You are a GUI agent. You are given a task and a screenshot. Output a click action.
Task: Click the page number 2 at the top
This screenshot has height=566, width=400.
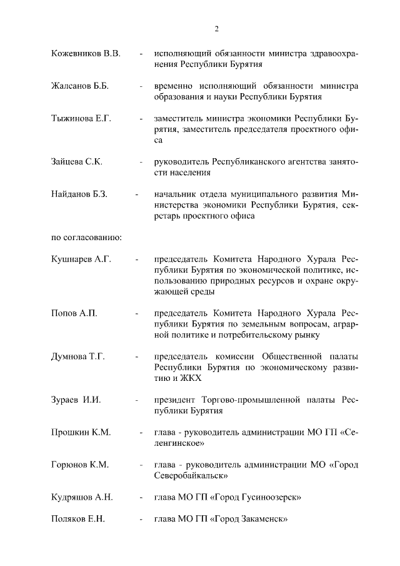point(216,28)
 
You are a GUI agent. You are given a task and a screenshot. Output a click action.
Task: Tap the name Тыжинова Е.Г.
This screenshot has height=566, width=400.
point(81,118)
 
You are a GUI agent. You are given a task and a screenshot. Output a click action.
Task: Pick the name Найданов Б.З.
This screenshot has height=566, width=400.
point(79,194)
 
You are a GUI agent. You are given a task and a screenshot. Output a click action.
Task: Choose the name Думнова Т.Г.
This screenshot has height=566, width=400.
point(77,356)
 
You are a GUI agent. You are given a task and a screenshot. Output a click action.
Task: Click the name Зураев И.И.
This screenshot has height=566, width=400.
point(76,400)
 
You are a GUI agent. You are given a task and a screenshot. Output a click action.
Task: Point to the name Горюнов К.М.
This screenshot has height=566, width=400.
point(80,465)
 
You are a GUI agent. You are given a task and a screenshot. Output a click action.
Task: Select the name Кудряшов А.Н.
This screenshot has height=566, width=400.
point(82,497)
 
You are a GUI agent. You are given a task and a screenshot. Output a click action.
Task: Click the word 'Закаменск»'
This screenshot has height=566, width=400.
point(262,519)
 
